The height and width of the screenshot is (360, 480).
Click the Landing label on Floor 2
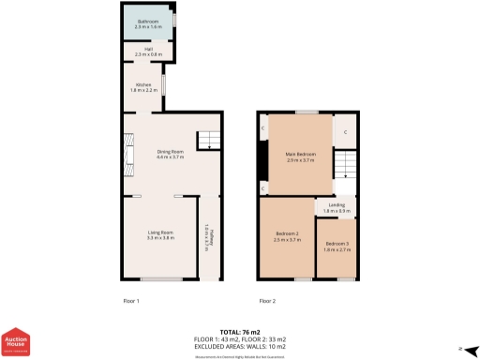pos(337,207)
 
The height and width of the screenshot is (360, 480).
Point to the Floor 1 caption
pos(131,301)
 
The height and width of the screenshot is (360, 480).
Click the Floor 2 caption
pos(267,301)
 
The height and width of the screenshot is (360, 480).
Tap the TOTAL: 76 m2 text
pos(240,332)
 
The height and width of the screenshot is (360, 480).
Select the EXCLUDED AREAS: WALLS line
pos(240,347)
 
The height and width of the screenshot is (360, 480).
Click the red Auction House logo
pos(15,342)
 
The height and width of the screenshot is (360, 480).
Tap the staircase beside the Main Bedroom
pos(345,169)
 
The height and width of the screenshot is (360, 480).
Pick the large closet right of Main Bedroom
pos(345,132)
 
